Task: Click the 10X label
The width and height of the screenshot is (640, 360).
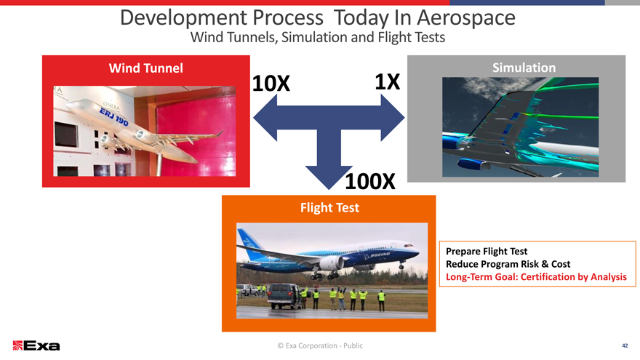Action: (x=271, y=84)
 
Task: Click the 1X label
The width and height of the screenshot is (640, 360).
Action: (x=388, y=82)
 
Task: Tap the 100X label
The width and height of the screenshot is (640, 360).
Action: (x=370, y=181)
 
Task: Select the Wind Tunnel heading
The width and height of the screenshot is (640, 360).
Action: (x=145, y=68)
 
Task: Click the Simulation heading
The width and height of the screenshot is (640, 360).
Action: (x=524, y=68)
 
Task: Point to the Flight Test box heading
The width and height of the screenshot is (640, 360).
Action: (x=329, y=208)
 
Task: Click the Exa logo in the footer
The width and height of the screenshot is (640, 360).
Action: (x=36, y=345)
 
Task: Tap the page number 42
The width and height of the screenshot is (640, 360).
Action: (x=625, y=345)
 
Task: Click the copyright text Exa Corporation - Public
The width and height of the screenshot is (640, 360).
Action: (x=320, y=345)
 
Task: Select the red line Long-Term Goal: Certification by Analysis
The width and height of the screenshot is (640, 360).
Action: (x=536, y=277)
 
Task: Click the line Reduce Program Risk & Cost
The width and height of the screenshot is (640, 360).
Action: (x=508, y=264)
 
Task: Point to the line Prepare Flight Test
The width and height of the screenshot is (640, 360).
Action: (x=487, y=251)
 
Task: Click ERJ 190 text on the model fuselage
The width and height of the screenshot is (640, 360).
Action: (x=114, y=116)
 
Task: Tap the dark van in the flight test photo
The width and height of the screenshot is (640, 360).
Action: (x=285, y=295)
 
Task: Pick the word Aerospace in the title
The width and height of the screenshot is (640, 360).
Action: (x=466, y=17)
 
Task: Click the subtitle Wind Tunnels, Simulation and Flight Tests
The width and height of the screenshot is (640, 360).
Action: (x=318, y=37)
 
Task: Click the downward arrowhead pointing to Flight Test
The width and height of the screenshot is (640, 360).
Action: (x=329, y=177)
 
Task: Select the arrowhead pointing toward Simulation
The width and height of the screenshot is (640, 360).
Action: (x=392, y=118)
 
